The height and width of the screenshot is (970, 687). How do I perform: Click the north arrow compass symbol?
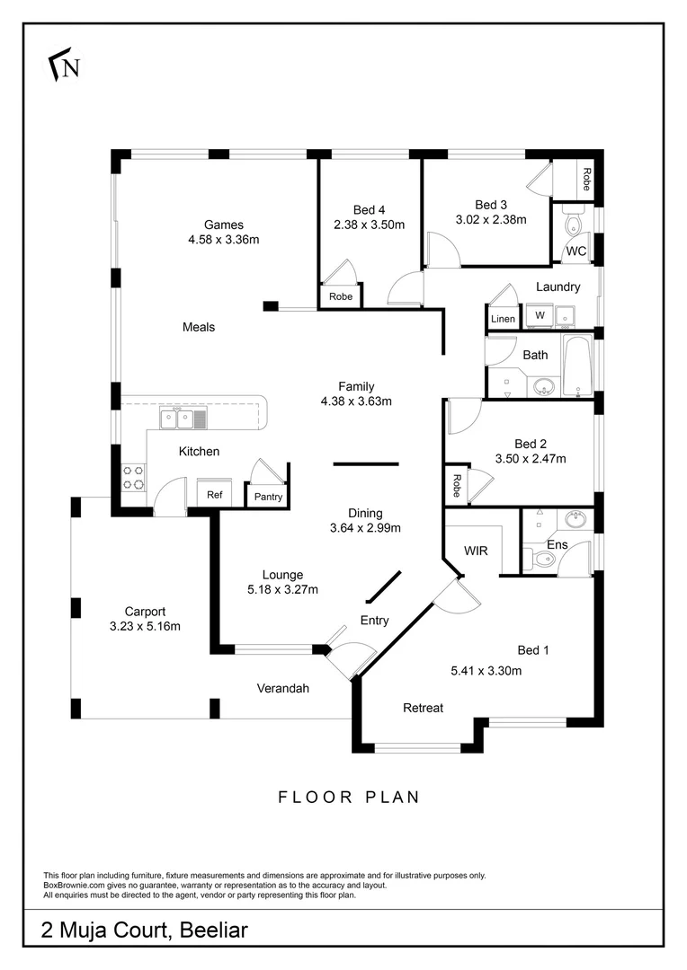coord(64,66)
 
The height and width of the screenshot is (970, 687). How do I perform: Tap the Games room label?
coord(223,225)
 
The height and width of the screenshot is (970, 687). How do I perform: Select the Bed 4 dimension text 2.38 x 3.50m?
coord(369,225)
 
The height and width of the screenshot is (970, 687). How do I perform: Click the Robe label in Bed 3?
coord(586,180)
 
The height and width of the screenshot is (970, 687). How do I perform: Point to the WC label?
coord(575,251)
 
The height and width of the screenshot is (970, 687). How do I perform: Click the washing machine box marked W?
coord(540,315)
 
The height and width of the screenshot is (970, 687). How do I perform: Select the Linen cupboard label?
coord(502,319)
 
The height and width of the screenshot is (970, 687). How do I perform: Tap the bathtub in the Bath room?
coord(576,366)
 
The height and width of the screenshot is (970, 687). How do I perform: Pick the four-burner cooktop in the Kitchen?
coord(133,477)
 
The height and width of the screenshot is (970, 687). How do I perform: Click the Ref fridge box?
coord(215,494)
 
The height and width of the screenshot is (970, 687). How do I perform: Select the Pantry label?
coord(268,497)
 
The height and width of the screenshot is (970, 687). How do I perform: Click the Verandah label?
coord(283,689)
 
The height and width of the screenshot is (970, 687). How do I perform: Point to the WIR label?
coord(475,550)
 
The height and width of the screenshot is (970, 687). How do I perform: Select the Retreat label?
coord(423,708)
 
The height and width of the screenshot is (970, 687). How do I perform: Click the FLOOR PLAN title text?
coord(349,796)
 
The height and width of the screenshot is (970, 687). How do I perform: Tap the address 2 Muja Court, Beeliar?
coord(144,930)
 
